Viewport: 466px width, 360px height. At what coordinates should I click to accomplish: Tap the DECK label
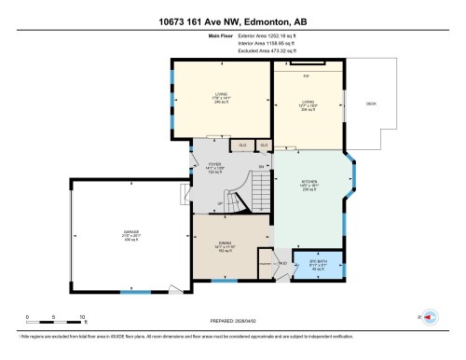point(370,104)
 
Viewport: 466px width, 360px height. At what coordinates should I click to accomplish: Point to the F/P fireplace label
point(306,76)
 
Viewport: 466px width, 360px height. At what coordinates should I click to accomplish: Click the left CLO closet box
point(242,145)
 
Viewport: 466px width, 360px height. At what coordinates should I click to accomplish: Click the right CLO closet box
point(265,145)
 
